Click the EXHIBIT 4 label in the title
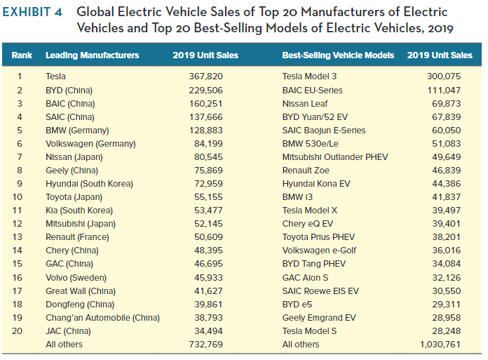(x=35, y=13)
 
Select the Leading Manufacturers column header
(x=92, y=55)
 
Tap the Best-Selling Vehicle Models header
(x=337, y=55)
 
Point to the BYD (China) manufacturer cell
(x=69, y=90)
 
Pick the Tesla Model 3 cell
(x=309, y=76)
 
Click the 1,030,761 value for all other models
(x=440, y=344)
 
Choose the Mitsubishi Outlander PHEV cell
(x=334, y=156)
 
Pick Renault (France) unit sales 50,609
(x=208, y=236)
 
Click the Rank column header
(x=22, y=55)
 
